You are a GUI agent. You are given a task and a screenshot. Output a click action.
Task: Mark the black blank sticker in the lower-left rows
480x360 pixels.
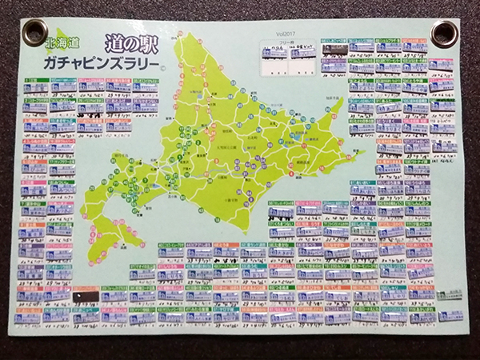click(86, 296)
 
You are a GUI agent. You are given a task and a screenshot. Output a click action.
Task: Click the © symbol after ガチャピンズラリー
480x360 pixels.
click(162, 67)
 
